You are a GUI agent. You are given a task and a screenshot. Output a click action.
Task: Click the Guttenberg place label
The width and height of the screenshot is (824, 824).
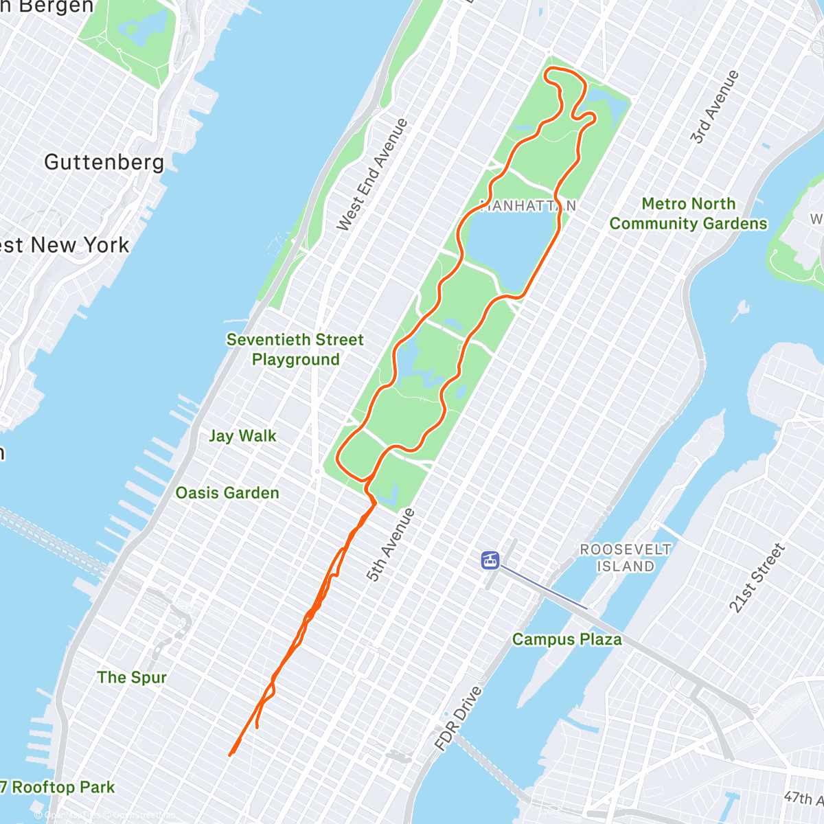click(104, 162)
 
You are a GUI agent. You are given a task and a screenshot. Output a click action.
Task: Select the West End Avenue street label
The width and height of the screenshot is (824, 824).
click(372, 174)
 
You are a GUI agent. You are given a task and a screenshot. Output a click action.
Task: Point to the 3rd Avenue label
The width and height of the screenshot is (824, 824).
click(715, 106)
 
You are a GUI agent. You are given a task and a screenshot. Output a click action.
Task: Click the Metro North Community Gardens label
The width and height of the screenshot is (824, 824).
click(688, 214)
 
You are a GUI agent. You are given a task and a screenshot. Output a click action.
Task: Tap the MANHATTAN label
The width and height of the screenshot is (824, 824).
click(527, 205)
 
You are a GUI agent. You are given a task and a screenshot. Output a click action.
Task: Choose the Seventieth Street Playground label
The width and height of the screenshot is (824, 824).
click(295, 350)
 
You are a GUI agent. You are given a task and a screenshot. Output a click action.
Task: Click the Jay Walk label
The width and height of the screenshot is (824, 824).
click(242, 436)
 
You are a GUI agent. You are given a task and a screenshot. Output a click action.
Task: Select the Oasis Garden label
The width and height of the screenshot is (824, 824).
click(227, 493)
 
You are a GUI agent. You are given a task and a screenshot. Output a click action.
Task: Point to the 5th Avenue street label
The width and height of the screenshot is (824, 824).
click(391, 545)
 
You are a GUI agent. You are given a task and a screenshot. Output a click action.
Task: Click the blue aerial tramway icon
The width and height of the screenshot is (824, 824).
click(490, 560)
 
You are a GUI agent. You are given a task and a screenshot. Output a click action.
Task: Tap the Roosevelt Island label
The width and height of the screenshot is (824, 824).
click(626, 558)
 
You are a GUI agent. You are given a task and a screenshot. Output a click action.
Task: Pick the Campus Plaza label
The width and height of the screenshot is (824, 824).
click(567, 639)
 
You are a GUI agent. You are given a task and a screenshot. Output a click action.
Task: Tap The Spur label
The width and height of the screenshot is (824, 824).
click(132, 678)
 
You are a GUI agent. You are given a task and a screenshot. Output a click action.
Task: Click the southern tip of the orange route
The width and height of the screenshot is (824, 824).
click(230, 755)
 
